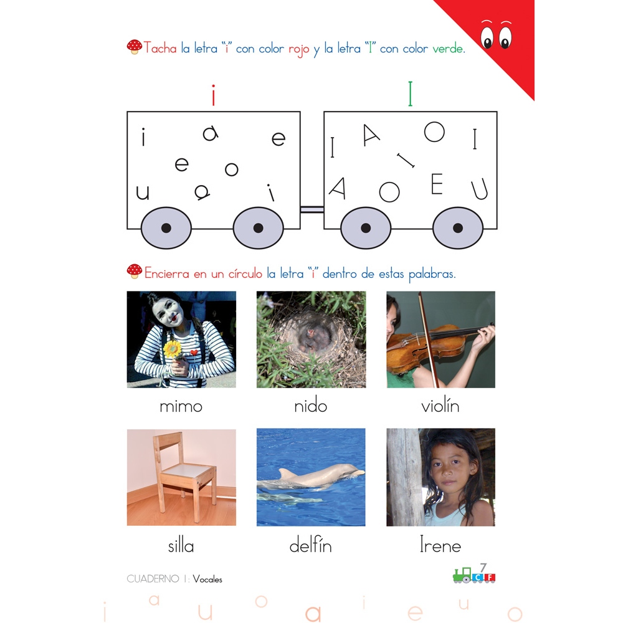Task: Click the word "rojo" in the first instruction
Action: pyautogui.click(x=299, y=49)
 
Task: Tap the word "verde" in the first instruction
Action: pyautogui.click(x=447, y=49)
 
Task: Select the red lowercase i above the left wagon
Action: pyautogui.click(x=213, y=95)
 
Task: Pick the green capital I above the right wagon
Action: pyautogui.click(x=411, y=94)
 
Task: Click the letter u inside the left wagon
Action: pyautogui.click(x=143, y=193)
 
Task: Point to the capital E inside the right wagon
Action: pyautogui.click(x=437, y=184)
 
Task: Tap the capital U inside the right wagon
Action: pyautogui.click(x=480, y=189)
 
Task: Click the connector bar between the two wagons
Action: pyautogui.click(x=312, y=209)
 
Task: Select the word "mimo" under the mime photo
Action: pyautogui.click(x=181, y=406)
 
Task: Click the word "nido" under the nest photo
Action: pyautogui.click(x=311, y=406)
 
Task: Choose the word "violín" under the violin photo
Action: pyautogui.click(x=440, y=406)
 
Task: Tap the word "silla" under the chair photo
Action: pyautogui.click(x=181, y=546)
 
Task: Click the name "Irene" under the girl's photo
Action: pyautogui.click(x=440, y=545)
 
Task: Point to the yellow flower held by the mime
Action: pyautogui.click(x=172, y=349)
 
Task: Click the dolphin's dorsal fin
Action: pyautogui.click(x=287, y=473)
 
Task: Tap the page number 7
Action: pyautogui.click(x=483, y=568)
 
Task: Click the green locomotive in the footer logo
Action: pyautogui.click(x=462, y=575)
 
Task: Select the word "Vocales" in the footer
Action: pyautogui.click(x=207, y=579)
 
